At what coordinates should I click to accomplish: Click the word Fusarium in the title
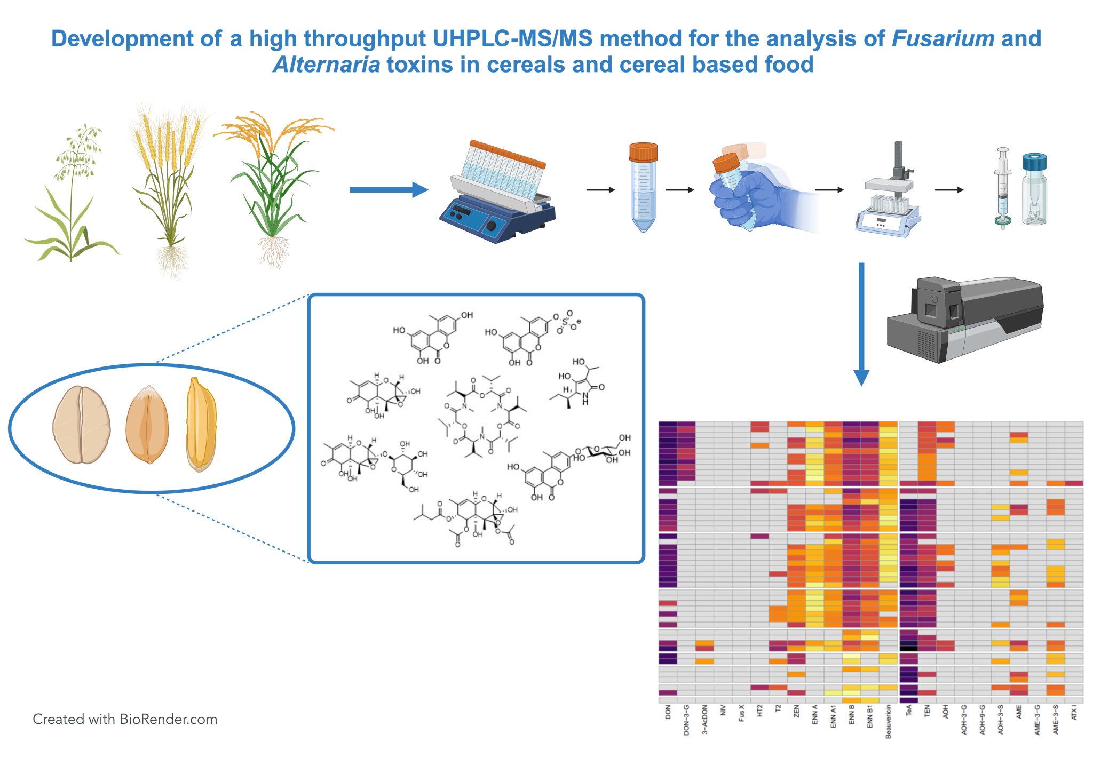[x=943, y=38]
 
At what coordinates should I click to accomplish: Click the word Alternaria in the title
[x=327, y=65]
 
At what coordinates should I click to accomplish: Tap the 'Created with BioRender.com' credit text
[x=125, y=719]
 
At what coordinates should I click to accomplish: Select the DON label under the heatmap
[x=668, y=713]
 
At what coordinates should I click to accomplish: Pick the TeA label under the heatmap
[x=908, y=711]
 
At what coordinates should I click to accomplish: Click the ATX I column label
[x=1074, y=712]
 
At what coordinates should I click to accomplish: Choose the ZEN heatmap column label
[x=796, y=712]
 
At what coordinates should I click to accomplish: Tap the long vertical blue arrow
[x=861, y=324]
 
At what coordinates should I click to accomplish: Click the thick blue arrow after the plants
[x=389, y=189]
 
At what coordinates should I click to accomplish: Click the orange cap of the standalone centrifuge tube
[x=643, y=151]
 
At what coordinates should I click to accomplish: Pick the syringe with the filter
[x=1003, y=188]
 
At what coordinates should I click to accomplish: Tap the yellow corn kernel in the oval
[x=201, y=424]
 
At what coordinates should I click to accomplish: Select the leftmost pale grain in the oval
[x=82, y=425]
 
